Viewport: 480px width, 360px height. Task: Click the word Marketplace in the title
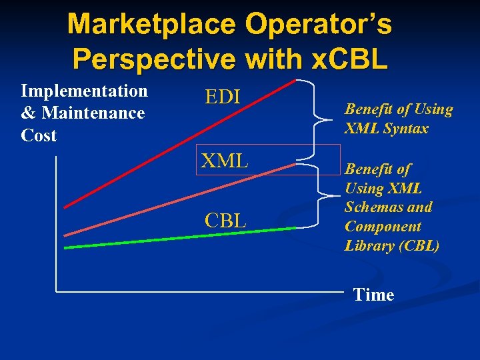[151, 25]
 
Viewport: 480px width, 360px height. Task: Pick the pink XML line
[180, 203]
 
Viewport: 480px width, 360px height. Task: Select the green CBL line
[180, 238]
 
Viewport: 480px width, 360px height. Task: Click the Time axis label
[373, 295]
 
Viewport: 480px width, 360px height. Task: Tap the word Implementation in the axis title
[85, 91]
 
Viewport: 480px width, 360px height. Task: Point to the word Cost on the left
[39, 136]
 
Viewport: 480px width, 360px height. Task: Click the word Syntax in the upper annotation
[405, 129]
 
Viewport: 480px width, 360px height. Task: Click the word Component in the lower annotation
[383, 227]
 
